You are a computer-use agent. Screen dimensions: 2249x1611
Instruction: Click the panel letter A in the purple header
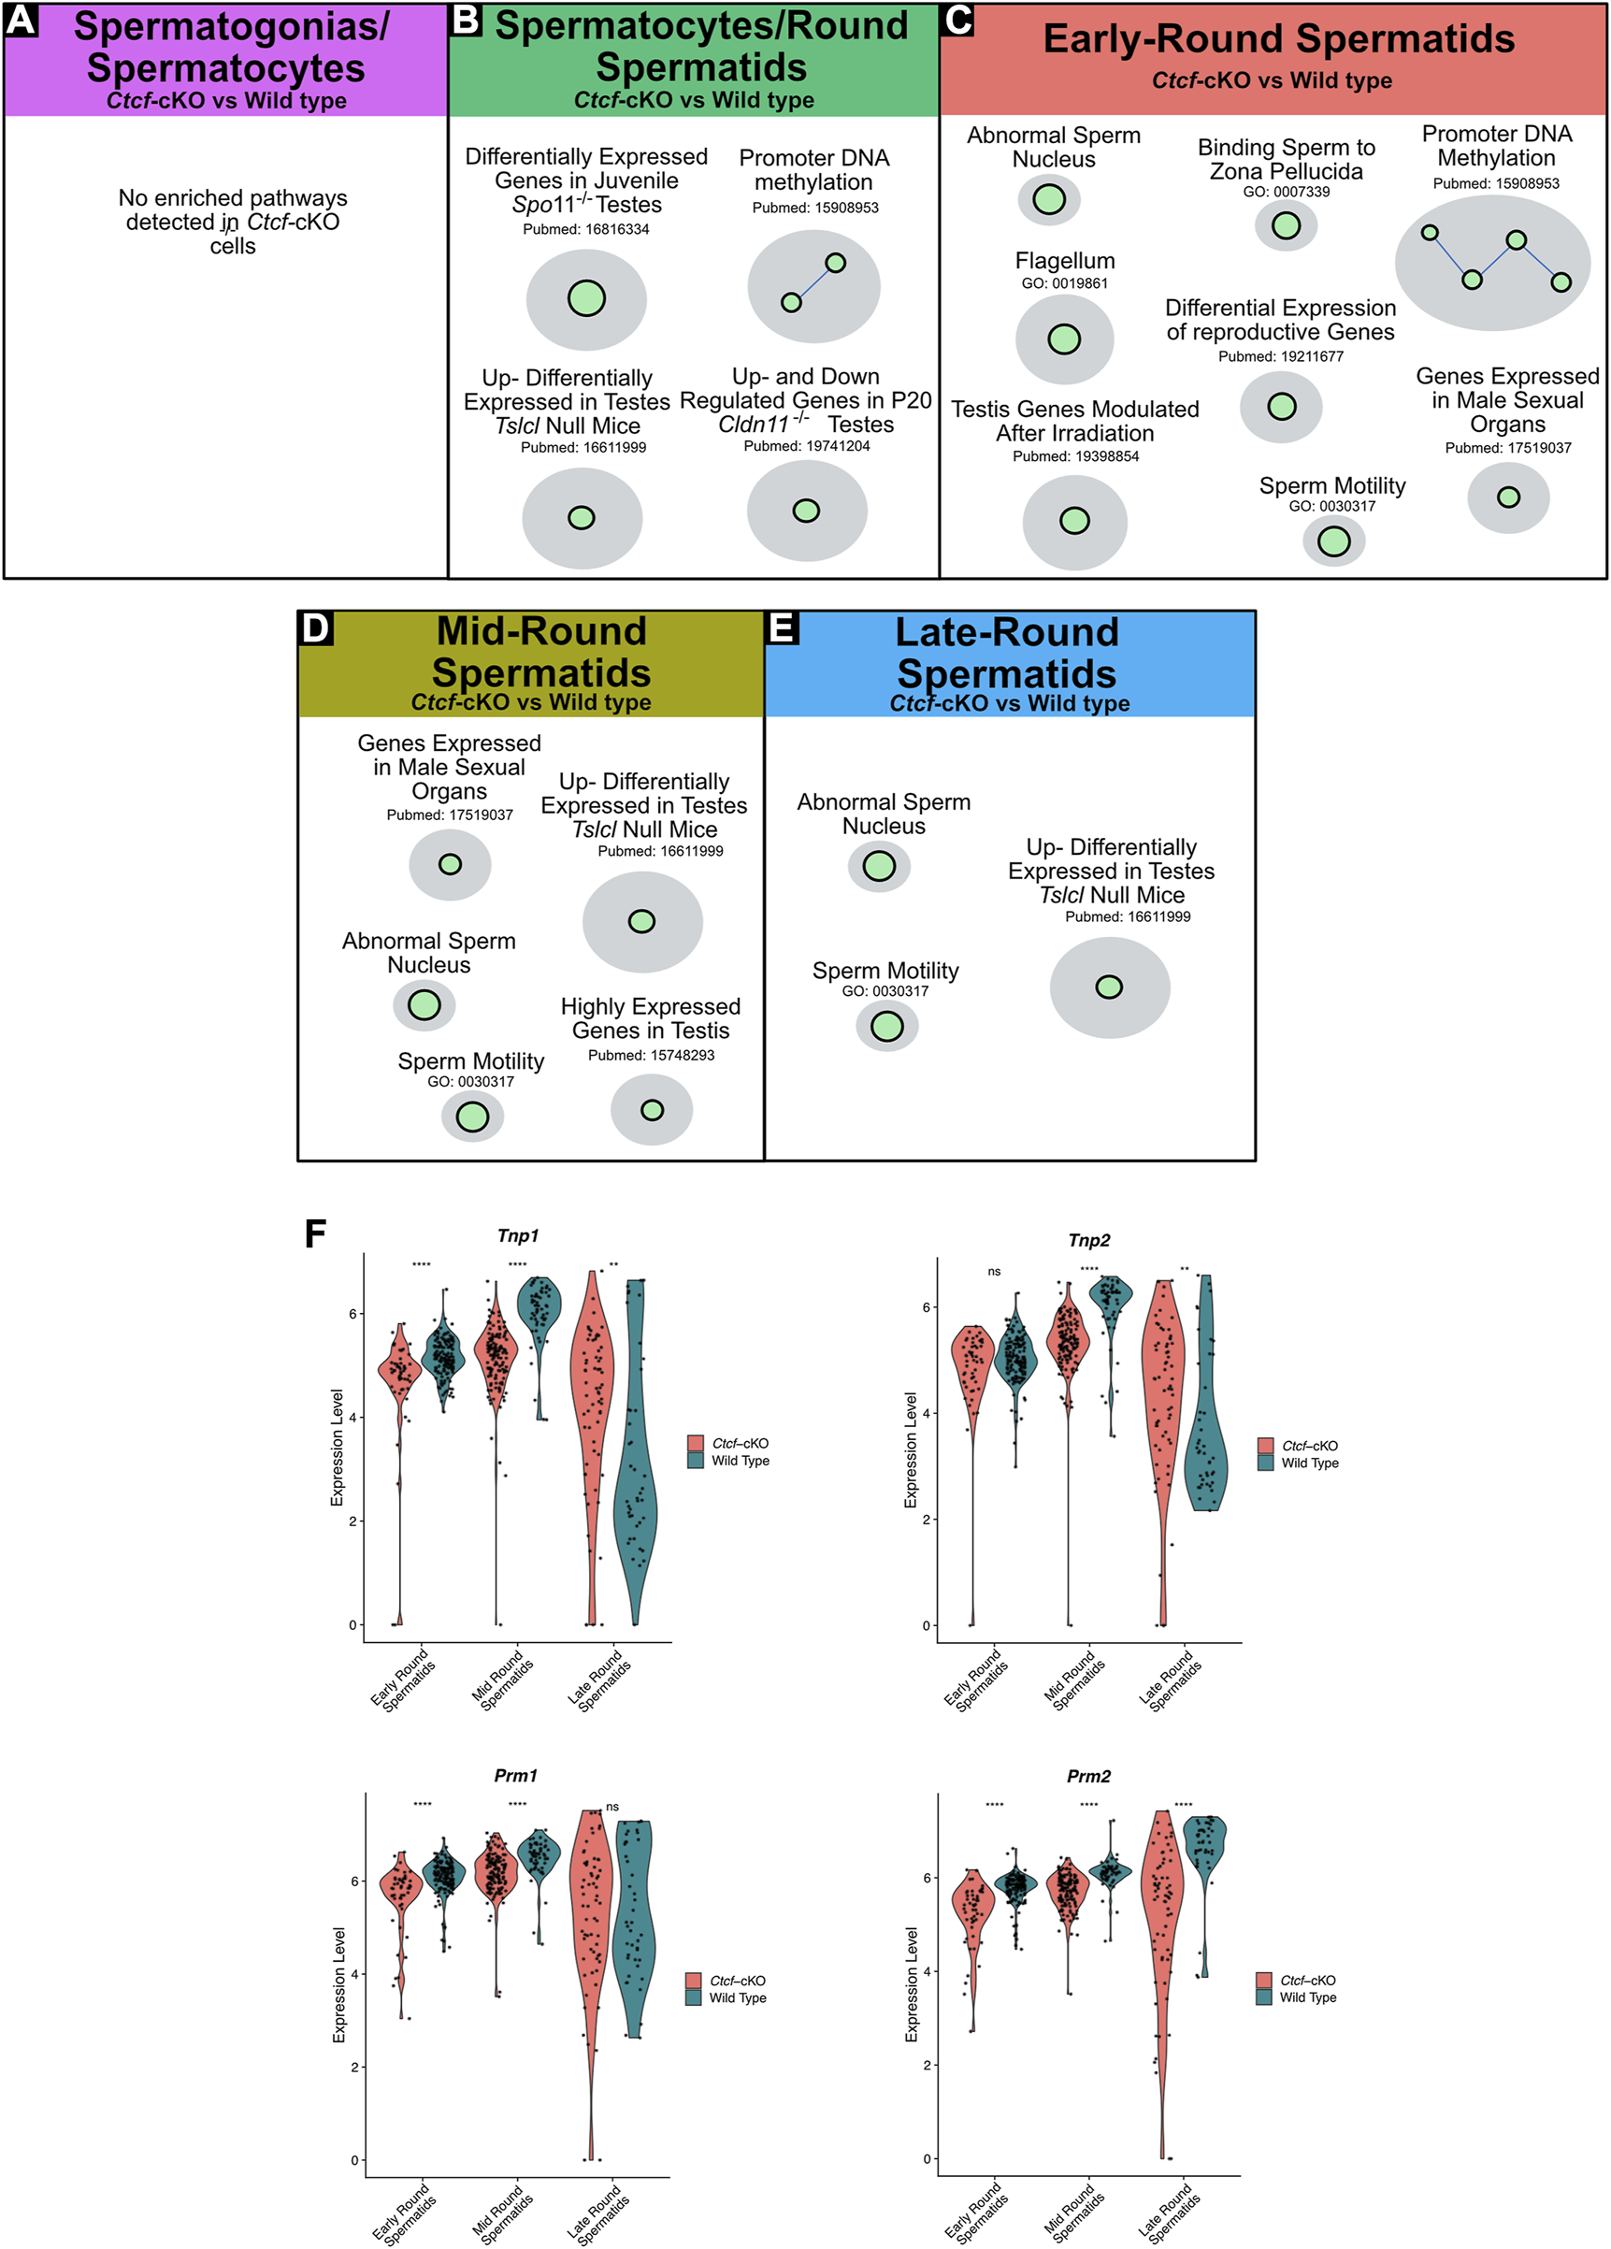(x=21, y=20)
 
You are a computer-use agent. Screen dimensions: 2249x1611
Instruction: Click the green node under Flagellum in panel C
(x=1064, y=339)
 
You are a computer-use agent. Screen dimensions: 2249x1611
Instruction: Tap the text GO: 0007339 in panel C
(x=1286, y=192)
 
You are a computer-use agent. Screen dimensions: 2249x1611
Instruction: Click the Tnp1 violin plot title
(x=517, y=1235)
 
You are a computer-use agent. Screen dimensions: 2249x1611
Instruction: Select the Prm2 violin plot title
(x=1087, y=1776)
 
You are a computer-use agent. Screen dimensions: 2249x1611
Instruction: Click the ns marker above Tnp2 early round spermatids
(x=993, y=1271)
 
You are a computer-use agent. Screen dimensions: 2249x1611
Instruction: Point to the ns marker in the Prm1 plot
(x=611, y=1807)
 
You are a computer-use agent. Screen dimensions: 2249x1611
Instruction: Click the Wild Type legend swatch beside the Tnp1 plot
(x=695, y=1461)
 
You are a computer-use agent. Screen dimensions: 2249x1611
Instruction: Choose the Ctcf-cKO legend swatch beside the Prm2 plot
(x=1263, y=1981)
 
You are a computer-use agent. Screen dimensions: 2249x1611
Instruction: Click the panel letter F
(x=315, y=1234)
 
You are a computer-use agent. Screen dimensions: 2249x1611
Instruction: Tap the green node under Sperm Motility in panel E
(x=886, y=1027)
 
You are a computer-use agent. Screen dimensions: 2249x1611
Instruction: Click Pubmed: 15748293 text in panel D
(x=651, y=1055)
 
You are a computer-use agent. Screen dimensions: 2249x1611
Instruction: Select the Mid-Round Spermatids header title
(x=541, y=652)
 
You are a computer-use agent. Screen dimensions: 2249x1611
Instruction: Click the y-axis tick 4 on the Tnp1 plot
(x=352, y=1417)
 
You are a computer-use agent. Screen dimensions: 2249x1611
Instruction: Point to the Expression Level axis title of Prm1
(x=338, y=1985)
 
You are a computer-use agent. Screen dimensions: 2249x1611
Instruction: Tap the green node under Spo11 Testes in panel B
(x=586, y=298)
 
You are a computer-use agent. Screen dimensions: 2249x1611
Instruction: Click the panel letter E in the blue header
(x=783, y=627)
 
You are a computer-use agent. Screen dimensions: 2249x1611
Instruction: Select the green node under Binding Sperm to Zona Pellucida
(x=1285, y=225)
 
